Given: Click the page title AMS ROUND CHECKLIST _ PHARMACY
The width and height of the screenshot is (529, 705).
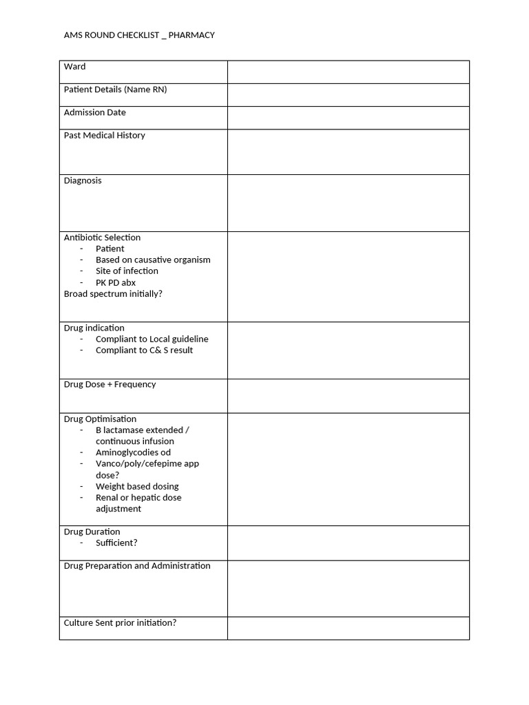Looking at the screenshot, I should click(139, 35).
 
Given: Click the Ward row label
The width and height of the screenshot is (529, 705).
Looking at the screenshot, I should click(75, 67).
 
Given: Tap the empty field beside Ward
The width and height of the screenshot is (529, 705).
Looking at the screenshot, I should click(348, 72).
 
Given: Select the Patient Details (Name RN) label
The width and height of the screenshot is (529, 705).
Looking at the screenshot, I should click(115, 90).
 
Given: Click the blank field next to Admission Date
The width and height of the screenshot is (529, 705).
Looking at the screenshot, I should click(348, 118).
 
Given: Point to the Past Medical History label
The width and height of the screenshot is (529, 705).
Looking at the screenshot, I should click(104, 136).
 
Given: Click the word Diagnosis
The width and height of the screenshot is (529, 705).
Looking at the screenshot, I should click(83, 180).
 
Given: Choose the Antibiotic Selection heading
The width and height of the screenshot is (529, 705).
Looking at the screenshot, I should click(102, 238).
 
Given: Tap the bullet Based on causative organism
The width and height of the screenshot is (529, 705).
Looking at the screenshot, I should click(153, 260).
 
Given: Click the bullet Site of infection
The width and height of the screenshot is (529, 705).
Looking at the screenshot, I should click(127, 271).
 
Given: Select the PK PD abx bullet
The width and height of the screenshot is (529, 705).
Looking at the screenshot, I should click(116, 282).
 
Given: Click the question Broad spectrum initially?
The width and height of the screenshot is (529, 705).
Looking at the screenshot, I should click(113, 294).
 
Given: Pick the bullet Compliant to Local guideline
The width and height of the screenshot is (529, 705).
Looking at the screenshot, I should click(152, 339).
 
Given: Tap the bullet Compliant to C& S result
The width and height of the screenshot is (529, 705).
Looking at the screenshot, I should click(144, 350).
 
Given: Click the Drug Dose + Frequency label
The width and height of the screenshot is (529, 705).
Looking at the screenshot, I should click(110, 384).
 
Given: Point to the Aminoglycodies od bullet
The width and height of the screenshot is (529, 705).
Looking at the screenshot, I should click(133, 452).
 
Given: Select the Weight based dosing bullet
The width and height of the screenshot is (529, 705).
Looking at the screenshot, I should click(137, 486).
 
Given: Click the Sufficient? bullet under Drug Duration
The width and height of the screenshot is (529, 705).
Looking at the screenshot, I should click(116, 543).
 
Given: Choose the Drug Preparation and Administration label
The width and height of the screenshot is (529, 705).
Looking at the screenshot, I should click(137, 566).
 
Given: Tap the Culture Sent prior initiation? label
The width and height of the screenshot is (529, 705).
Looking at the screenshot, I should click(120, 623).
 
